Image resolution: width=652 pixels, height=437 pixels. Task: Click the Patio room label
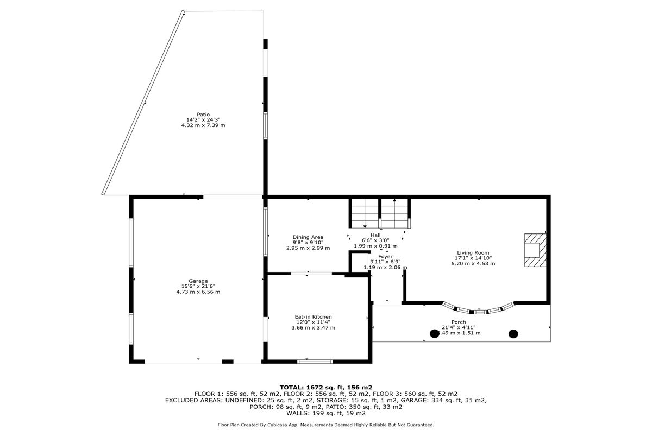(x=203, y=114)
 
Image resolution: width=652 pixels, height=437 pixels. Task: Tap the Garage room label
(x=198, y=281)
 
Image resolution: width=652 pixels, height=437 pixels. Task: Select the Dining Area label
(x=308, y=237)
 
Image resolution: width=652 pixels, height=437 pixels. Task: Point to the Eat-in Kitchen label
(x=313, y=316)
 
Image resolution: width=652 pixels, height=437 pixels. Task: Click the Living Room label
(x=473, y=252)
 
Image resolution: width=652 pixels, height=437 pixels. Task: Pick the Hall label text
(x=375, y=235)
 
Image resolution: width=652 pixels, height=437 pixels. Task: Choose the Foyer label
(x=385, y=256)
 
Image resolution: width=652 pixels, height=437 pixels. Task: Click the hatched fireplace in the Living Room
(x=532, y=250)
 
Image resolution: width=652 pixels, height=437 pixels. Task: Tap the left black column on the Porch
(x=435, y=334)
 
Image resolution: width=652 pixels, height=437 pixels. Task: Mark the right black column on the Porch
(x=513, y=334)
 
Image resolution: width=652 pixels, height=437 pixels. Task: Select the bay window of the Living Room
(x=478, y=310)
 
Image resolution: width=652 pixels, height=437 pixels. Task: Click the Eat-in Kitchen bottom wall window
(x=314, y=362)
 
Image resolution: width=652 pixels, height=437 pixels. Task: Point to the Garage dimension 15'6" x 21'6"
(x=198, y=286)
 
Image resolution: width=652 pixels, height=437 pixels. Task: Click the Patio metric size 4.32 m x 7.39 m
(x=203, y=125)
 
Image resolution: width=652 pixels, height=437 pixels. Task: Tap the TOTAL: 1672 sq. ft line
(x=325, y=387)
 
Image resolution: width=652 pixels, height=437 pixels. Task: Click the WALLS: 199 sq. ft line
(x=326, y=413)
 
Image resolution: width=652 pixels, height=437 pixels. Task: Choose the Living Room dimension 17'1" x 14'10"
(x=473, y=258)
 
